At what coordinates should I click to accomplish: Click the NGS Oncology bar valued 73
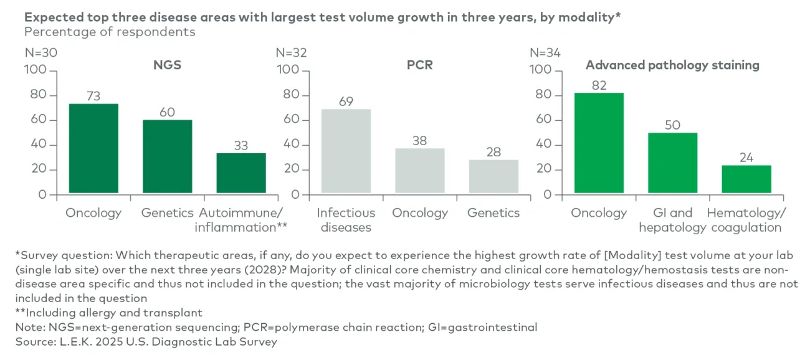(93, 149)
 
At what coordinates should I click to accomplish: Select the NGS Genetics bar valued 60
(167, 157)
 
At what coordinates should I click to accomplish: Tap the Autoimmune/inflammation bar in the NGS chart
(241, 173)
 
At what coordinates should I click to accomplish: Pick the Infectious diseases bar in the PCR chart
(346, 151)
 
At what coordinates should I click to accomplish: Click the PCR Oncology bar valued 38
(420, 171)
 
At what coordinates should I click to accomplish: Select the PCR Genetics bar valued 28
(493, 177)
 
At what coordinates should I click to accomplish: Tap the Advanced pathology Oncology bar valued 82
(599, 143)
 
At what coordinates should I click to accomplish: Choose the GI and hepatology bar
(673, 163)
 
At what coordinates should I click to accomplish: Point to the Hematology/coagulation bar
(746, 179)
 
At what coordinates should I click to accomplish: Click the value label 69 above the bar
(346, 101)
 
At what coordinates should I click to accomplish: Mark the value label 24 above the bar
(746, 157)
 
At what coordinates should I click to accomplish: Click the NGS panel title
(167, 65)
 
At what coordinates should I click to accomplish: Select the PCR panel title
(421, 65)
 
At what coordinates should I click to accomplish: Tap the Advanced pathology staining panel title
(672, 65)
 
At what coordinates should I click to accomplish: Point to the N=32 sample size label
(292, 53)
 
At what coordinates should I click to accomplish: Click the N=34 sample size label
(545, 53)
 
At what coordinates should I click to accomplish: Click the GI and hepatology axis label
(672, 220)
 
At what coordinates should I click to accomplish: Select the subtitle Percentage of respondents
(110, 32)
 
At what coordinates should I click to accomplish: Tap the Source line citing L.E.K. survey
(146, 341)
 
